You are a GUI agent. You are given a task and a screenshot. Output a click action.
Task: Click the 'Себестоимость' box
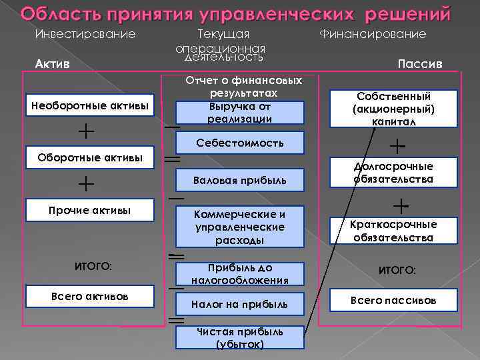point(240,143)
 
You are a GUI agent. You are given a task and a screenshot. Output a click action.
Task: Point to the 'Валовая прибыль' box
point(240,180)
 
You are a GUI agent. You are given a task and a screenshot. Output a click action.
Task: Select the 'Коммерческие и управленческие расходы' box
point(240,227)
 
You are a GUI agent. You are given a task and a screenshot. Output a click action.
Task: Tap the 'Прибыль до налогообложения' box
point(240,274)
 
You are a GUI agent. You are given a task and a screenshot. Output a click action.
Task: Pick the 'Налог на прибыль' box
point(240,304)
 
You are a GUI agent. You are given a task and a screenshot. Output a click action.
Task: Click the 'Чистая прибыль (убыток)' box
point(240,337)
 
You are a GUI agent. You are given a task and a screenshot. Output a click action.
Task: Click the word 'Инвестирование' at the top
point(85,33)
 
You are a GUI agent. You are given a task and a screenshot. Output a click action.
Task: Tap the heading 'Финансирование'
point(373,33)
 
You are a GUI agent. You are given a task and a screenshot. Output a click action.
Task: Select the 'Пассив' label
point(419,64)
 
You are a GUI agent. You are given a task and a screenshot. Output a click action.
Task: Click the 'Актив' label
point(51,64)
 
